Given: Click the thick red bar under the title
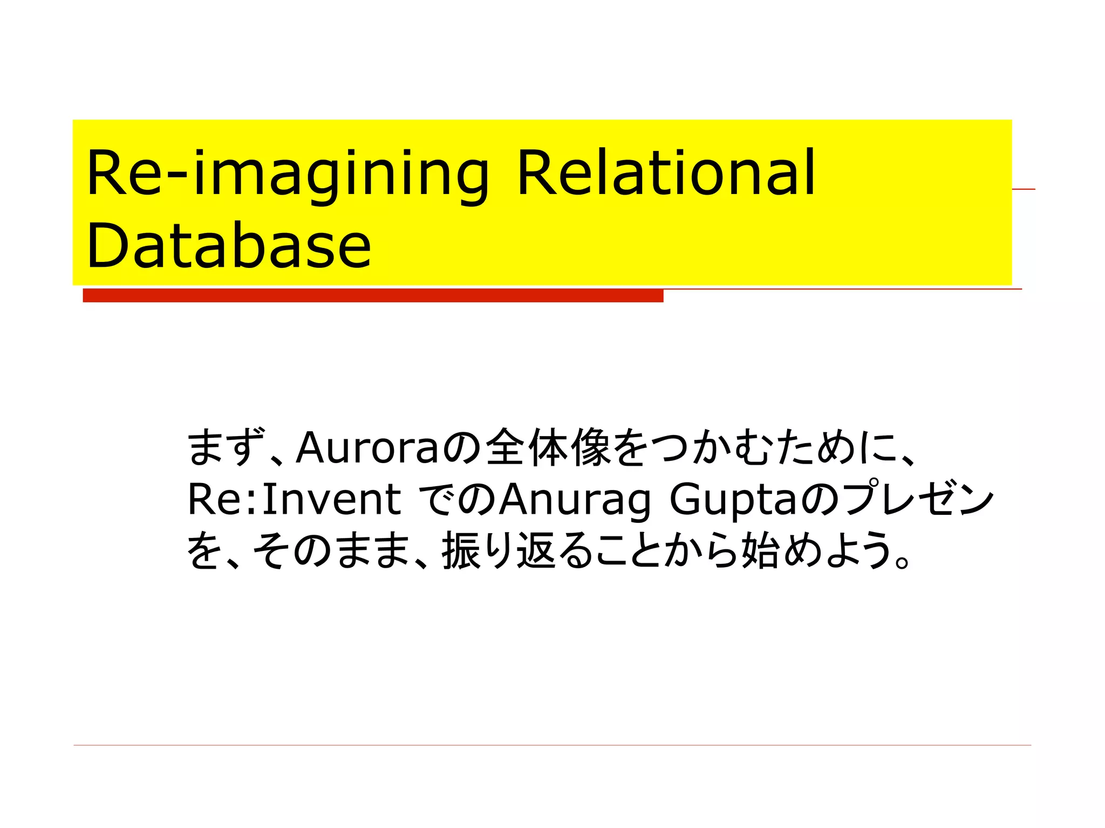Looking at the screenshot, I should [x=372, y=295].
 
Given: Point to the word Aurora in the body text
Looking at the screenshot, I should [x=367, y=447].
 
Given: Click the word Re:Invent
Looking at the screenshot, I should [x=294, y=499].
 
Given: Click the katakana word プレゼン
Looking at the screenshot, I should [x=917, y=499].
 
